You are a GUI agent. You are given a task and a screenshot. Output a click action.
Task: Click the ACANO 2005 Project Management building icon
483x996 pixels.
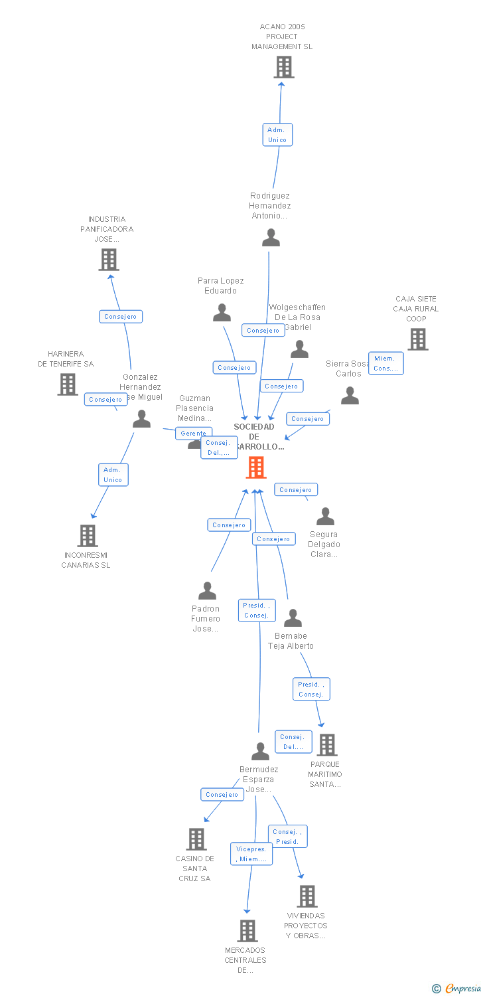coord(284,67)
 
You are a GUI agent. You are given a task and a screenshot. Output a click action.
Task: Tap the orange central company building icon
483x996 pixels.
coord(256,467)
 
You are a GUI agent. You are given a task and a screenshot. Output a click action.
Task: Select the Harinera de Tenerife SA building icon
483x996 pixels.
coord(68,384)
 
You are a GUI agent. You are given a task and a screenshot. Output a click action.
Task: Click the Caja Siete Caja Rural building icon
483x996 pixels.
coord(417,339)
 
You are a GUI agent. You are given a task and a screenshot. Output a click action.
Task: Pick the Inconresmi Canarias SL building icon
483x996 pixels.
coord(88,535)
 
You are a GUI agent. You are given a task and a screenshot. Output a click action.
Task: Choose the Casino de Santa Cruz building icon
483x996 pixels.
coord(196,839)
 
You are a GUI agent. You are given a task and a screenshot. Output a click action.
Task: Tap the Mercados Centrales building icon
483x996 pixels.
coord(247,931)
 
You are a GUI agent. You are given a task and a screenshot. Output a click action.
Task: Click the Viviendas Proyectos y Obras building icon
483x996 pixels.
coord(307,896)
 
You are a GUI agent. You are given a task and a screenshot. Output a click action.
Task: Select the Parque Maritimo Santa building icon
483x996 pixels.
coord(326,745)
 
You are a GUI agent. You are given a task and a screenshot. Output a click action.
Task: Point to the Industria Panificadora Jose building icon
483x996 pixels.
coord(109,260)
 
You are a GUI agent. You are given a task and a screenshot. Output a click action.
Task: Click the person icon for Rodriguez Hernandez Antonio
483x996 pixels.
coord(271,238)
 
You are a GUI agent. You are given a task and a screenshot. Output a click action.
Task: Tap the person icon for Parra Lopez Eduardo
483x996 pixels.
coord(222,313)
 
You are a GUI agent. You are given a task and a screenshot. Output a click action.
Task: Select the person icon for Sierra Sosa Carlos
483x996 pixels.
coord(350,396)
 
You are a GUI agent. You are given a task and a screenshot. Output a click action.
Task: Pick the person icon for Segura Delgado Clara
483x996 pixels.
coord(325,516)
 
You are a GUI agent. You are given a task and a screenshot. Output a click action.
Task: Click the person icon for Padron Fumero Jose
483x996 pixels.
coord(207,590)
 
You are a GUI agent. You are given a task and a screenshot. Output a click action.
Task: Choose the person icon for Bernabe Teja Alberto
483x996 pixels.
coord(293,618)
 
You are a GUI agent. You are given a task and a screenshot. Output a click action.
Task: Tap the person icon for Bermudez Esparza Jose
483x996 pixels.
coord(260,751)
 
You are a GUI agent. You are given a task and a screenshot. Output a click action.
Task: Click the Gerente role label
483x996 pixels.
coord(193,434)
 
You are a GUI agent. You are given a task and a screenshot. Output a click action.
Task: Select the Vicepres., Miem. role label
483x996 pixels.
coord(251,854)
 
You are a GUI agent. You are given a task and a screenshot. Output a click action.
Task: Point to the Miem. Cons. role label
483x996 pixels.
coord(385,363)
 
